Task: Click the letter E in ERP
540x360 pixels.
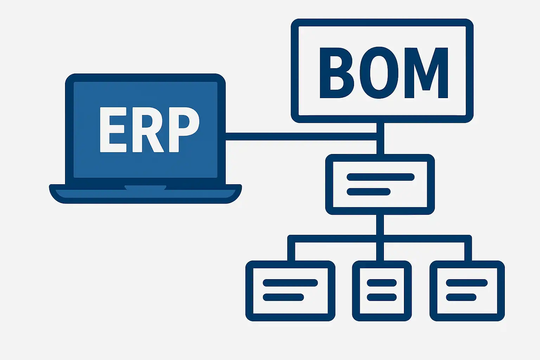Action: click(112, 130)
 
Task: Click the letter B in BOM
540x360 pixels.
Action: click(336, 73)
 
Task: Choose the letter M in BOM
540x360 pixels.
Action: click(426, 73)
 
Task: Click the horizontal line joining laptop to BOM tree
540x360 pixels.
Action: click(301, 136)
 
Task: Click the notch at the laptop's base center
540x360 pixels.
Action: click(145, 188)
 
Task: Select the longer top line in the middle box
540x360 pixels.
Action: click(380, 177)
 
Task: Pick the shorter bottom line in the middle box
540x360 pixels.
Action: click(368, 192)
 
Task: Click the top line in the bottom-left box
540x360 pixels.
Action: click(290, 283)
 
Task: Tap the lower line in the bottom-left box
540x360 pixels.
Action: click(283, 297)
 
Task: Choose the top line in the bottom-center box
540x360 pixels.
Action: click(382, 283)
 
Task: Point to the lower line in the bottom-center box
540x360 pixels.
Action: click(382, 297)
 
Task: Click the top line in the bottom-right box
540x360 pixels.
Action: click(467, 283)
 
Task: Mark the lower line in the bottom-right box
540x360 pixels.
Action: click(461, 297)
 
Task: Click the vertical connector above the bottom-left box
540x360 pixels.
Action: click(291, 250)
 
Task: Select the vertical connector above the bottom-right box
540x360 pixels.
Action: click(468, 250)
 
